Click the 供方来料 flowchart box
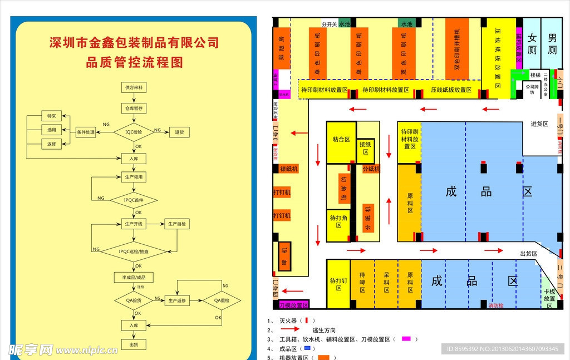134,87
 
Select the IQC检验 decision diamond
134,132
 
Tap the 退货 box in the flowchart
179,132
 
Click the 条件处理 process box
86,132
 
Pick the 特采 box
52,116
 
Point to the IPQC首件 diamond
134,199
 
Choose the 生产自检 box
178,224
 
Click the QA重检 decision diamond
220,300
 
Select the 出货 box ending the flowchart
134,344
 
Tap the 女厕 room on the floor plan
532,43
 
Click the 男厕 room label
552,43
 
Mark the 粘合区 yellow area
341,140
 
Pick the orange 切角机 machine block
343,189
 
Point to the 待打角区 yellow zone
338,221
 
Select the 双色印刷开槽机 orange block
457,49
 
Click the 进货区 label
539,124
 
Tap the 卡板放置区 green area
549,298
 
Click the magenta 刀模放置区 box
293,305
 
